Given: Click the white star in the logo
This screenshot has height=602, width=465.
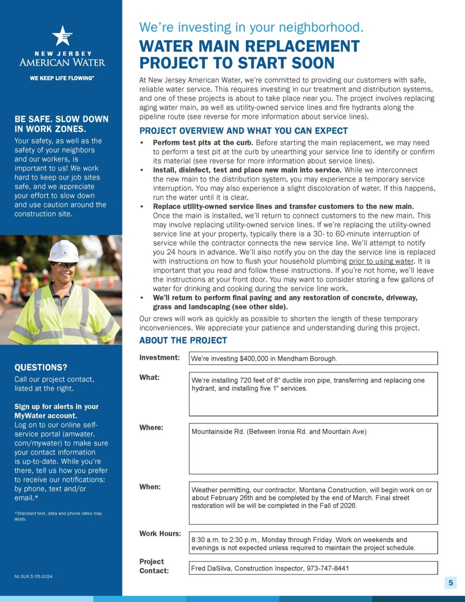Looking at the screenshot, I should click(x=62, y=36).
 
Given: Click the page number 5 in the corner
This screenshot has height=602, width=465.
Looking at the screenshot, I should click(x=450, y=582).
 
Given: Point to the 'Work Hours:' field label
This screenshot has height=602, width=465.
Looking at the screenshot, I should click(x=160, y=533).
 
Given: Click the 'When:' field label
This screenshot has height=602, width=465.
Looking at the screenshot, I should click(x=150, y=487).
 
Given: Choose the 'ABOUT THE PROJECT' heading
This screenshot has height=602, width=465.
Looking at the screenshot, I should click(x=183, y=341).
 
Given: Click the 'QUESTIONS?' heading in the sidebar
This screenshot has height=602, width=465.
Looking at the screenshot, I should click(x=41, y=367).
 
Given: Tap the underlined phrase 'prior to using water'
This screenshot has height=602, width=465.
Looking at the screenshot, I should click(x=381, y=261).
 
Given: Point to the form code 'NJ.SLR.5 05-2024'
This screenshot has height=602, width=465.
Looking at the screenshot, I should click(x=33, y=576).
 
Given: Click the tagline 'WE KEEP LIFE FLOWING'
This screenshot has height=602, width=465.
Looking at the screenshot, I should click(x=62, y=78).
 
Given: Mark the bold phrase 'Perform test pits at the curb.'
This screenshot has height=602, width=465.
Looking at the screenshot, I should click(x=203, y=142).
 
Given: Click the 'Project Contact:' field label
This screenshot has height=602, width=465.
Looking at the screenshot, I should click(x=153, y=566).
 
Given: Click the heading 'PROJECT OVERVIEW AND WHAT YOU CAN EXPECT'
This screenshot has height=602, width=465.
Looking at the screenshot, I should click(x=243, y=131).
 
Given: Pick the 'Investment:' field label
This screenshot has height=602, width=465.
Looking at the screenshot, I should click(x=160, y=358).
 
